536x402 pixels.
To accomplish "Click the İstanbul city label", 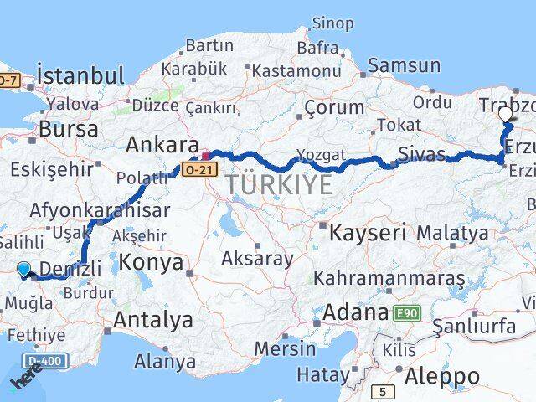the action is [x=80, y=75].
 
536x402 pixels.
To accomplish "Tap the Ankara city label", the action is [x=162, y=145].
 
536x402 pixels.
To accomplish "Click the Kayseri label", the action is [x=368, y=232].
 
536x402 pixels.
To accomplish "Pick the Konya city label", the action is [x=151, y=262].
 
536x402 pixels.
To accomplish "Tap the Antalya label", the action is [x=153, y=319].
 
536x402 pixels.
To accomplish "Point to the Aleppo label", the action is [x=442, y=376].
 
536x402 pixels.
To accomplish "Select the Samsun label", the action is [x=405, y=65].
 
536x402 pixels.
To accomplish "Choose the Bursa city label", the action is [x=69, y=129].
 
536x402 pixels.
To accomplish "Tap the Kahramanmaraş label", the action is [x=389, y=277].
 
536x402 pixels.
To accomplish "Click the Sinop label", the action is [x=332, y=23].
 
